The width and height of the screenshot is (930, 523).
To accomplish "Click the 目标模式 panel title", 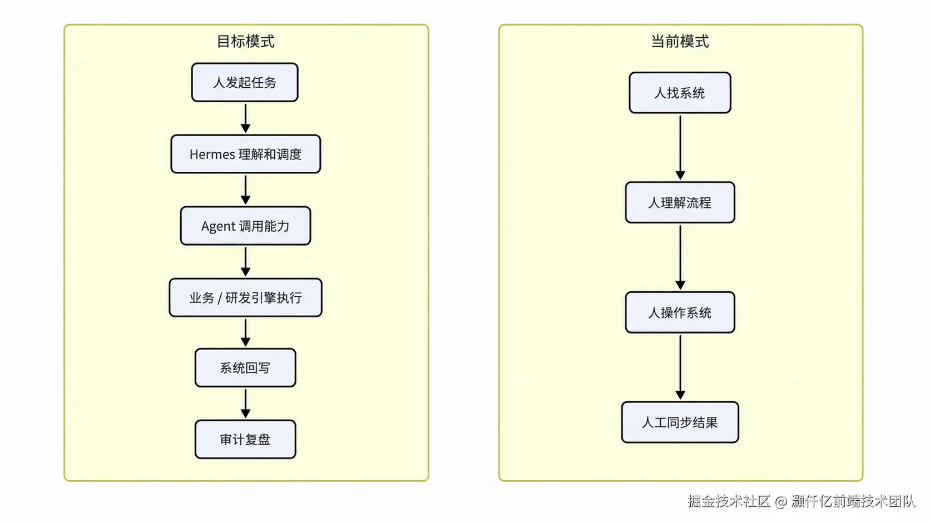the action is pos(245,42).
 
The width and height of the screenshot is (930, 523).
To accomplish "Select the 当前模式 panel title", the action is pos(680,42).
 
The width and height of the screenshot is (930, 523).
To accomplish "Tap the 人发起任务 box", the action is pos(245,82).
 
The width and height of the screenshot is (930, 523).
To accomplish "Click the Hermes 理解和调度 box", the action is pos(245,154).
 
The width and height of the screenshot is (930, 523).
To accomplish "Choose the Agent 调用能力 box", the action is pos(245,226).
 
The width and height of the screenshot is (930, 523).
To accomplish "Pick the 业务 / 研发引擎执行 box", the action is pos(245,297).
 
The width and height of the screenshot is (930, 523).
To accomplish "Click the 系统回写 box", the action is pos(245,368).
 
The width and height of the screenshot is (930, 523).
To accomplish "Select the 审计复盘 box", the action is pos(245,439).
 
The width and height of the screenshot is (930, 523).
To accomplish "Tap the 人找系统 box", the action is pos(680,92).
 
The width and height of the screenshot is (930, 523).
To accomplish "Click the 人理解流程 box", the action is pos(680,202).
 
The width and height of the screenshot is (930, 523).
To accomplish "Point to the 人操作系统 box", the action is pos(680,312).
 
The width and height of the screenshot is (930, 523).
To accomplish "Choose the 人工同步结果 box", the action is pos(680,422).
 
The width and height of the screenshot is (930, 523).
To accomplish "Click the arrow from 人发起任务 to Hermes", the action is pos(245,118).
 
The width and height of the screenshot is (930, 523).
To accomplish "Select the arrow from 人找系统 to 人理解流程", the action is pos(680,148).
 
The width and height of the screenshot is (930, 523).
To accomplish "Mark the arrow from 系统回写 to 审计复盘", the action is pos(245,404).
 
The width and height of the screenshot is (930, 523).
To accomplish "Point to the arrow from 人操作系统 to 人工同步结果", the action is pos(680,367).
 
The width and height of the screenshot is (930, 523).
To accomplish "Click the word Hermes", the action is pos(212,155).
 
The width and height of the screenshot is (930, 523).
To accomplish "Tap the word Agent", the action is pos(219,226).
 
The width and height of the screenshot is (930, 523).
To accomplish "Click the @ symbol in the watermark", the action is pos(780,501).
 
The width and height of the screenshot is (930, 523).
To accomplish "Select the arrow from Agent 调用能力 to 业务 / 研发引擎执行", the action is pos(245,262).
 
